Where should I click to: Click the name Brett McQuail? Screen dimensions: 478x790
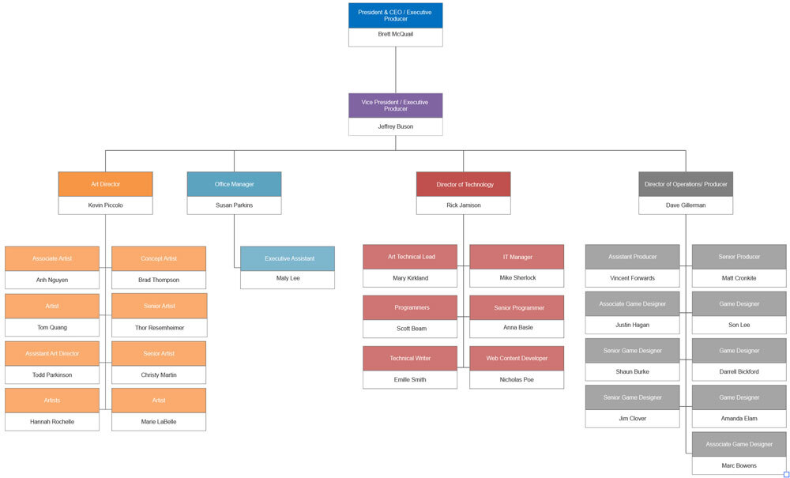[395, 35]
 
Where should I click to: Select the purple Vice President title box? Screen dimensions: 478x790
[395, 105]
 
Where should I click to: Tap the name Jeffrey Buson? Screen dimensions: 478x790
[395, 126]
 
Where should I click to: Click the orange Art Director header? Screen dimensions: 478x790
[105, 184]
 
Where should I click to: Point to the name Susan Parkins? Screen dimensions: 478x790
[234, 205]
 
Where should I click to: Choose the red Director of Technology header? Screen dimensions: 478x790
[463, 184]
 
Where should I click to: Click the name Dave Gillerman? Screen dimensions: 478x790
[686, 205]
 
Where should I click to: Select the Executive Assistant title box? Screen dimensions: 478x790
[288, 258]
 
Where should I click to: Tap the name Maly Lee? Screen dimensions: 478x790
[288, 278]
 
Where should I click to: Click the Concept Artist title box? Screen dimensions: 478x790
[159, 258]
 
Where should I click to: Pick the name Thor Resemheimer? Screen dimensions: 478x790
[159, 327]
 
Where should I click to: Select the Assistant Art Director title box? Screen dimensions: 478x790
[52, 353]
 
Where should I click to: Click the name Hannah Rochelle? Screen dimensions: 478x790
[52, 422]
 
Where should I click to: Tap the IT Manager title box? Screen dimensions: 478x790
[517, 257]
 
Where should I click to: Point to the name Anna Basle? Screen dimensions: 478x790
[517, 327]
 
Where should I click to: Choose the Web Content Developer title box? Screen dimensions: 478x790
[517, 358]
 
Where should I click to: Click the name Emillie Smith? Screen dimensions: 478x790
[410, 379]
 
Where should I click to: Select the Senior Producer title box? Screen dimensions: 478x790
[739, 257]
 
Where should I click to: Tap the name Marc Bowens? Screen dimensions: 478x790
[739, 465]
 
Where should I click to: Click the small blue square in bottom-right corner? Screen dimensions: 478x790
[786, 474]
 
